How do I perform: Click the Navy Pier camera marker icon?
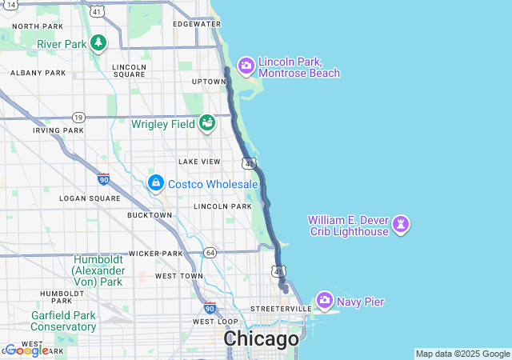[325, 301]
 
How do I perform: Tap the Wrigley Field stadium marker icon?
[207, 123]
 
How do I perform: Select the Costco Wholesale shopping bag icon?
[155, 183]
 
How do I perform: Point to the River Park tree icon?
[98, 43]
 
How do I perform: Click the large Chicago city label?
[261, 339]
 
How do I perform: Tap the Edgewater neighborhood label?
[196, 24]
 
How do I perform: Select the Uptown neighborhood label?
[209, 82]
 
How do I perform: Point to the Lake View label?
[198, 162]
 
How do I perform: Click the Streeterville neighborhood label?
[280, 308]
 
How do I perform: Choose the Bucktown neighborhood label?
[150, 215]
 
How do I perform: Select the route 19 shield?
[78, 117]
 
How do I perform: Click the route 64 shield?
[210, 253]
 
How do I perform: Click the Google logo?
[26, 350]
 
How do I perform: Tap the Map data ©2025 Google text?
[462, 354]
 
